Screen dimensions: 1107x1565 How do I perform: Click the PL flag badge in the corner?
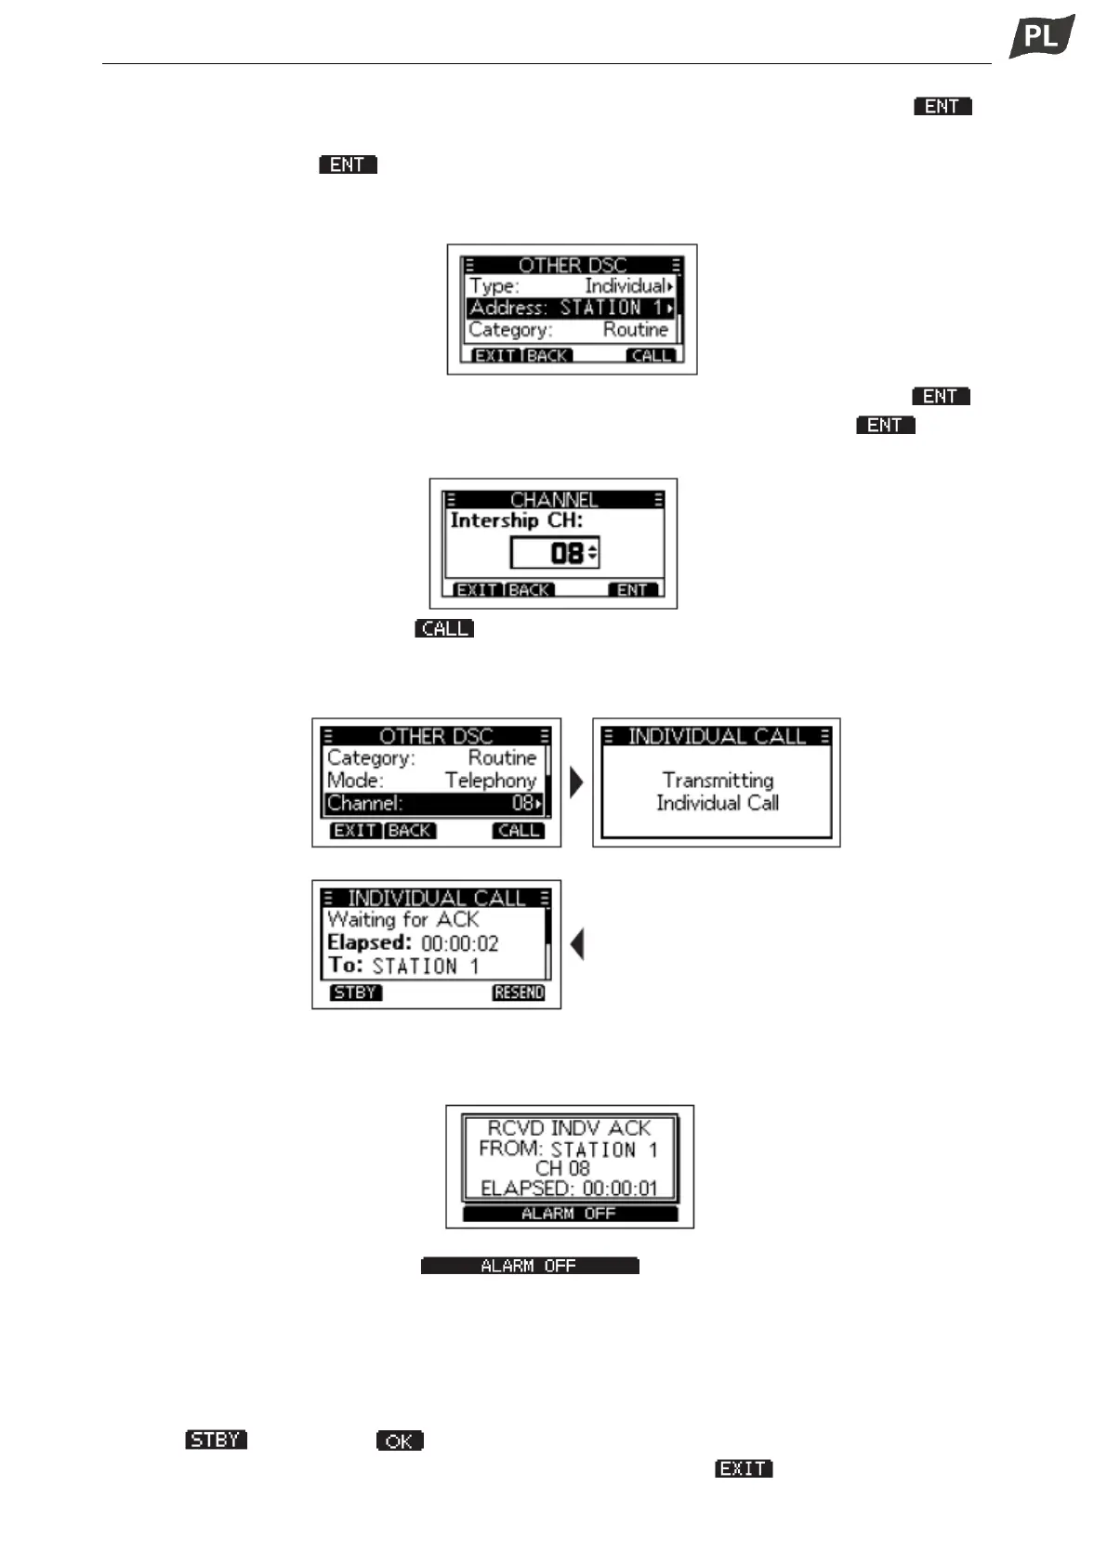pyautogui.click(x=1041, y=37)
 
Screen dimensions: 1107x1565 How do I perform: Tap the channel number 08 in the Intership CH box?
pyautogui.click(x=566, y=554)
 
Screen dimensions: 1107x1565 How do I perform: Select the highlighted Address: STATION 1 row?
pyautogui.click(x=570, y=308)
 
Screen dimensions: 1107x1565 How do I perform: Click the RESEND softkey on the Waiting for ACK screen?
pyautogui.click(x=519, y=993)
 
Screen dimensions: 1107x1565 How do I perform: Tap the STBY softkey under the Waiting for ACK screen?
pyautogui.click(x=355, y=993)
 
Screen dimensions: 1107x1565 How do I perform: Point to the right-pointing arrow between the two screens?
pyautogui.click(x=576, y=782)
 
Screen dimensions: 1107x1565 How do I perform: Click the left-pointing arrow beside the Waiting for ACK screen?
pyautogui.click(x=577, y=945)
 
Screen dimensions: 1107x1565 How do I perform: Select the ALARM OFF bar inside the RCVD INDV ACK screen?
pyautogui.click(x=569, y=1214)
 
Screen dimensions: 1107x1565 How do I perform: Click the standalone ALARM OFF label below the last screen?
pyautogui.click(x=529, y=1266)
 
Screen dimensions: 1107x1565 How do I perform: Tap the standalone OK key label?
pyautogui.click(x=400, y=1441)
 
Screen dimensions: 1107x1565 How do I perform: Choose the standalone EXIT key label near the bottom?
pyautogui.click(x=744, y=1468)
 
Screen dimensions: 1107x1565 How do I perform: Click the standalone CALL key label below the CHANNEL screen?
pyautogui.click(x=444, y=629)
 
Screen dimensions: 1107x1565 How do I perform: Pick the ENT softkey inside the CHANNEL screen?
pyautogui.click(x=632, y=590)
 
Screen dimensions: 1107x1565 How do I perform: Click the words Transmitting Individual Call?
pyautogui.click(x=717, y=792)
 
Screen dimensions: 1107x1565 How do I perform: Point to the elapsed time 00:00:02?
pyautogui.click(x=459, y=944)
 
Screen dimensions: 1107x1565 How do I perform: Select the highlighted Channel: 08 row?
pyautogui.click(x=434, y=804)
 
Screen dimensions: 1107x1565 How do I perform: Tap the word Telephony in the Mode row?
pyautogui.click(x=490, y=781)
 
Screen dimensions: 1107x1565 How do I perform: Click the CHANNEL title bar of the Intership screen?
pyautogui.click(x=553, y=500)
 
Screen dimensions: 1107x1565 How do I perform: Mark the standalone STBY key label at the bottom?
pyautogui.click(x=216, y=1440)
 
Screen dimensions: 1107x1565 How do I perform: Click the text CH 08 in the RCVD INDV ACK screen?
pyautogui.click(x=562, y=1168)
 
